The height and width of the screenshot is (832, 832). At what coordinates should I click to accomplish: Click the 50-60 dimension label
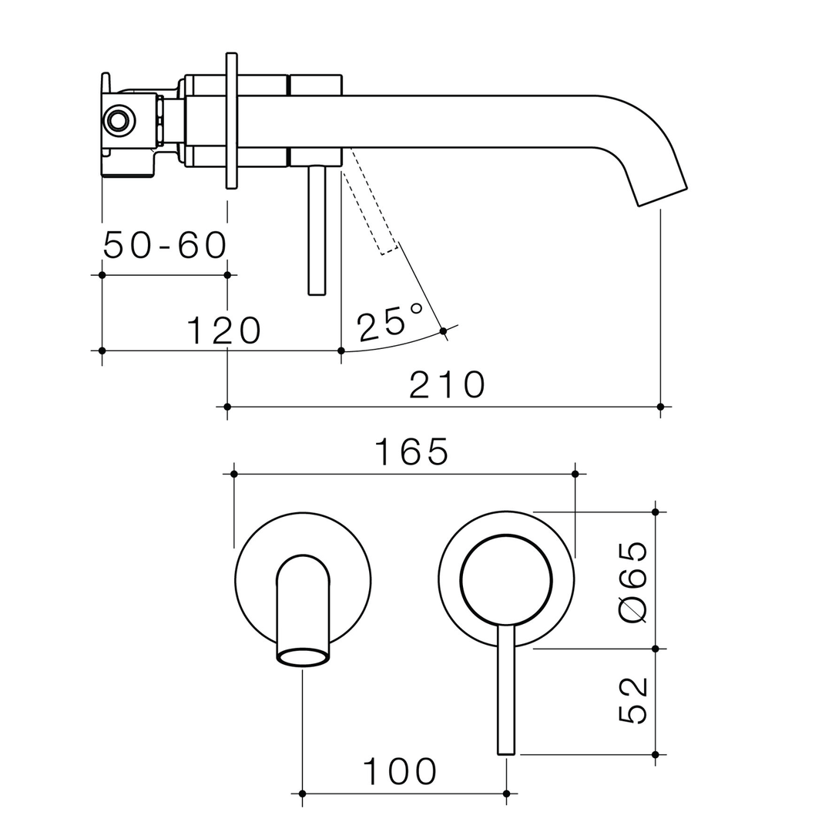pyautogui.click(x=165, y=245)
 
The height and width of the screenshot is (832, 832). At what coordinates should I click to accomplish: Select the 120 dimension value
pyautogui.click(x=224, y=330)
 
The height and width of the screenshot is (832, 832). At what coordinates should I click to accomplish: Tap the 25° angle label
pyautogui.click(x=391, y=322)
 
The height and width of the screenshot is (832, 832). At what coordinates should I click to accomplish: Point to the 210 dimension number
pyautogui.click(x=447, y=385)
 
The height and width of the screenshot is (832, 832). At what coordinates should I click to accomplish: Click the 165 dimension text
pyautogui.click(x=411, y=452)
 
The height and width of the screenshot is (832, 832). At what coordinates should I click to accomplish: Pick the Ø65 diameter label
pyautogui.click(x=632, y=582)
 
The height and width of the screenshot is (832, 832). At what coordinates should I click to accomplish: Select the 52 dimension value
pyautogui.click(x=632, y=700)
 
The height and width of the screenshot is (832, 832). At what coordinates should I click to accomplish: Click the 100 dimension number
pyautogui.click(x=400, y=771)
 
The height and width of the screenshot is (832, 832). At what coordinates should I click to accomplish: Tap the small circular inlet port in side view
pyautogui.click(x=118, y=120)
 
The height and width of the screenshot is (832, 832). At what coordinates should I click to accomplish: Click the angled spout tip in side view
pyautogui.click(x=663, y=196)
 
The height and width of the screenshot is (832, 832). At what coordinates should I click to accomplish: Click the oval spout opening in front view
pyautogui.click(x=303, y=657)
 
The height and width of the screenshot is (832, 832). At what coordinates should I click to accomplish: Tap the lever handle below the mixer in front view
pyautogui.click(x=506, y=689)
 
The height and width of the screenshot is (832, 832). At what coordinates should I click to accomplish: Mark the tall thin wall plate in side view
pyautogui.click(x=231, y=120)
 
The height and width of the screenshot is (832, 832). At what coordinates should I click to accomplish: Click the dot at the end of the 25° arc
pyautogui.click(x=443, y=331)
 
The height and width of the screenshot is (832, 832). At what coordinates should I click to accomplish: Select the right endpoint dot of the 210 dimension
pyautogui.click(x=660, y=406)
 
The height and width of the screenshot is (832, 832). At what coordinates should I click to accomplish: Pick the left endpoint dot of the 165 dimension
pyautogui.click(x=234, y=474)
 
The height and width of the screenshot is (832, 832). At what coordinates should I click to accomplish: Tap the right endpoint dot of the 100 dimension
pyautogui.click(x=506, y=793)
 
